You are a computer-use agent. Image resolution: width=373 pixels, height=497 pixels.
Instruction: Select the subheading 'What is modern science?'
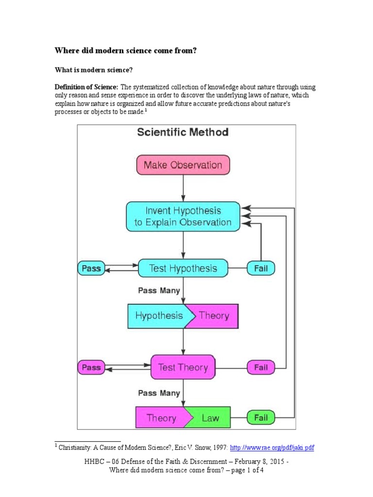93,70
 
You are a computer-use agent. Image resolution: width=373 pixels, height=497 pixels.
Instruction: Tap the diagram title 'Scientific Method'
183,132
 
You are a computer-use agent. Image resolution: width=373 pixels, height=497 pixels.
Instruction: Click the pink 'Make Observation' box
183,165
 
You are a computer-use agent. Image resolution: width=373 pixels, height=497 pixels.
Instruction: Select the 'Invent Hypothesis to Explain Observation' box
183,216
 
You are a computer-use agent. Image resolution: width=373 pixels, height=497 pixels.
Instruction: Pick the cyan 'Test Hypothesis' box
183,268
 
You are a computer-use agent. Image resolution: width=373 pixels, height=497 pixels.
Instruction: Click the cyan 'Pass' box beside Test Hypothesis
91,268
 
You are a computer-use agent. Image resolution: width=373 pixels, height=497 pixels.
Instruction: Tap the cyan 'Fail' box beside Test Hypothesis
261,268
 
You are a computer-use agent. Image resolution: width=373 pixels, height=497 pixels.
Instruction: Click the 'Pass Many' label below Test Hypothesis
159,290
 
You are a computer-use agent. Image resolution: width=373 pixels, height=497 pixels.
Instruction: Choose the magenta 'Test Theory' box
183,367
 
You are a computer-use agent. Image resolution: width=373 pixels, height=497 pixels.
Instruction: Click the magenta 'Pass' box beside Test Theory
91,367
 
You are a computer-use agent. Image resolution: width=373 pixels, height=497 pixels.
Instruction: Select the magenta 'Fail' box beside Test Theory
261,367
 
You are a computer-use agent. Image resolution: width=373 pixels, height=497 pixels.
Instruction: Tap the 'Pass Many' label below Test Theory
159,393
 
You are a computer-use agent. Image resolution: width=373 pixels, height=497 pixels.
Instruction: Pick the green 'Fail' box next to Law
261,418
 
